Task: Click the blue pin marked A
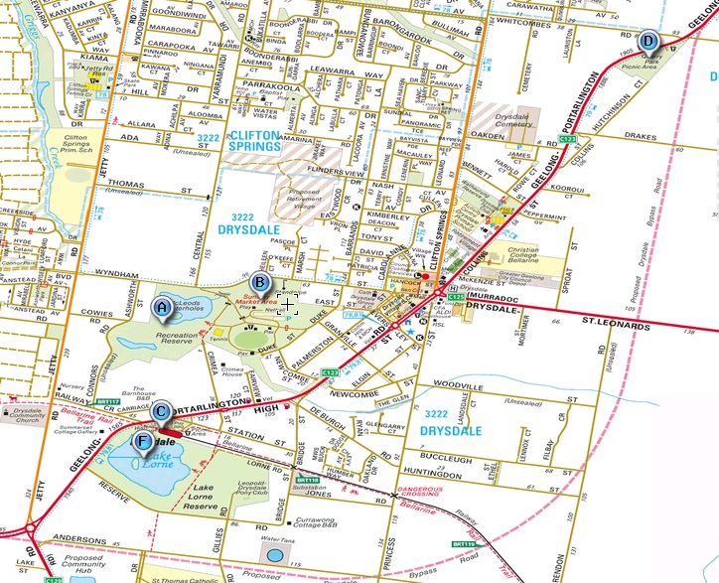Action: (x=161, y=308)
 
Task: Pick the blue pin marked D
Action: (x=647, y=41)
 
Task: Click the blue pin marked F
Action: (x=145, y=440)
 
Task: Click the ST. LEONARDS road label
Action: (x=616, y=325)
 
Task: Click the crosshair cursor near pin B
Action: (x=287, y=303)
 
